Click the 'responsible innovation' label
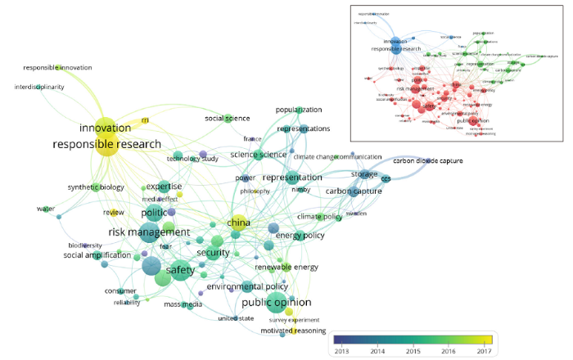[57, 68]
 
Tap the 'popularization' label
[299, 110]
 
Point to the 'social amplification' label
[97, 255]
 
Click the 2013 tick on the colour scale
[341, 350]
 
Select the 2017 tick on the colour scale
[485, 350]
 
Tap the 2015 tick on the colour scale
[413, 350]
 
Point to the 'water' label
[45, 209]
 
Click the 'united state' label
[236, 318]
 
